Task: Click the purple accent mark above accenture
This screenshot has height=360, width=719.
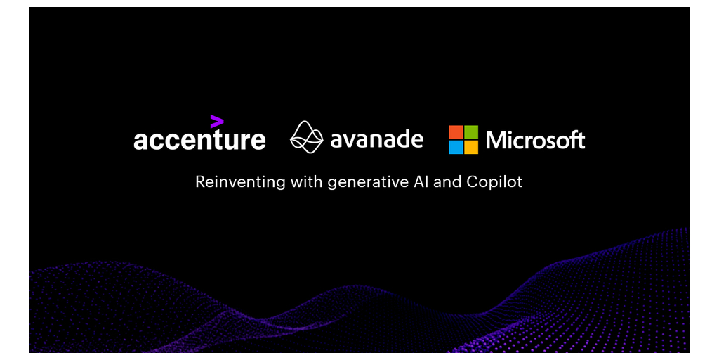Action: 217,121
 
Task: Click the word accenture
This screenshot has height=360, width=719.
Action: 199,140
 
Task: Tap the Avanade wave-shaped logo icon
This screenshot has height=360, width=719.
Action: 307,137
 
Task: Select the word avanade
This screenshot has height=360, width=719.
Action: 376,139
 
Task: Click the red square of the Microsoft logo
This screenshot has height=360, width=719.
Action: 456,131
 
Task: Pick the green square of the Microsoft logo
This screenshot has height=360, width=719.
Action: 471,131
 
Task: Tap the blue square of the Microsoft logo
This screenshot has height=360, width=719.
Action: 456,147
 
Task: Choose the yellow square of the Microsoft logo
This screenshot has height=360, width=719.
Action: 471,147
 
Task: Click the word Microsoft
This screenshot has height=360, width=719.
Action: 536,140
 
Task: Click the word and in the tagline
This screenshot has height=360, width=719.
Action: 447,182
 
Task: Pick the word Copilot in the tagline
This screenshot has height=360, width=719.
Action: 494,182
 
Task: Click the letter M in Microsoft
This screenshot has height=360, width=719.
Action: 496,140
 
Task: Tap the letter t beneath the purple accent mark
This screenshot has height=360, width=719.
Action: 216,140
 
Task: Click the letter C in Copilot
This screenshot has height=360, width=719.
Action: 473,182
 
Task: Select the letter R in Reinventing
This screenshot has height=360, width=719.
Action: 201,182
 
